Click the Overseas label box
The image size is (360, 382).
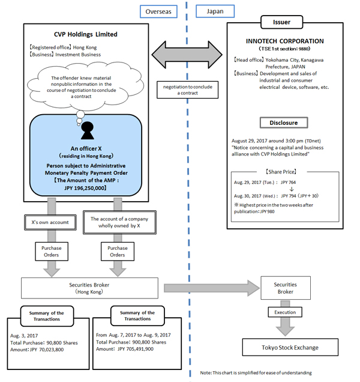click(x=157, y=11)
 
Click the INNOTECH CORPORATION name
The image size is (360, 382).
click(x=285, y=41)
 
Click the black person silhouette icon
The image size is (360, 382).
click(x=88, y=129)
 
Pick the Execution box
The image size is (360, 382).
click(x=285, y=312)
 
